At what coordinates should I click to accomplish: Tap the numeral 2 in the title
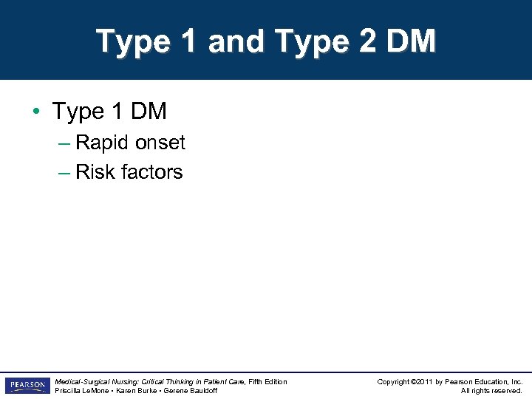[367, 41]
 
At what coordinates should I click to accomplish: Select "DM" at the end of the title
[410, 41]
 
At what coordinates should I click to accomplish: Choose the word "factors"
[151, 172]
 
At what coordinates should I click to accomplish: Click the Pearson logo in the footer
[27, 386]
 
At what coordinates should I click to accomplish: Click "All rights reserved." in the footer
[491, 390]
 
